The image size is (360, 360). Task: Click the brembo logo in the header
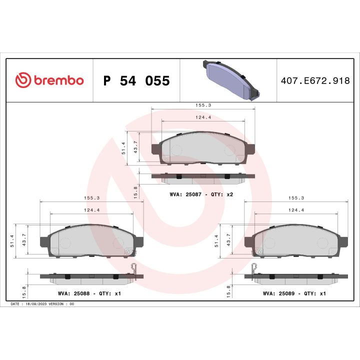click(49, 80)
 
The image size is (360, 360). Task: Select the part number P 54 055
click(136, 81)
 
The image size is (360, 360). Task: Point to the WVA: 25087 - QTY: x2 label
click(201, 194)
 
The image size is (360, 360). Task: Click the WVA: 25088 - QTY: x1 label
click(89, 293)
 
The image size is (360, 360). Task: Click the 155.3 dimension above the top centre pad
click(202, 105)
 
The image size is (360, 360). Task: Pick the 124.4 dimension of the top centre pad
click(202, 117)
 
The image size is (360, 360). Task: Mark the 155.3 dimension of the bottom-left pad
click(91, 198)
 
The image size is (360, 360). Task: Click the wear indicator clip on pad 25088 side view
click(134, 268)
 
